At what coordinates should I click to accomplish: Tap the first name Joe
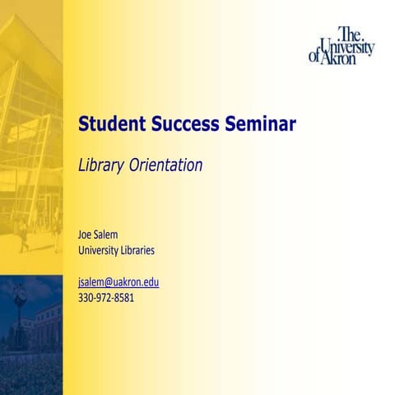coord(86,235)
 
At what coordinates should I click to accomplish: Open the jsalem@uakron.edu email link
coord(118,281)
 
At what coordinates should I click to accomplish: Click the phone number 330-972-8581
coord(106,297)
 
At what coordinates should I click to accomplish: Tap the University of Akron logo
coord(342,46)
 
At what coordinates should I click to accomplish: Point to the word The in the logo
coord(350,33)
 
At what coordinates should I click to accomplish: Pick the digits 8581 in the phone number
coord(123,297)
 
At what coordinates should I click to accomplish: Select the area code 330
coord(86,297)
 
